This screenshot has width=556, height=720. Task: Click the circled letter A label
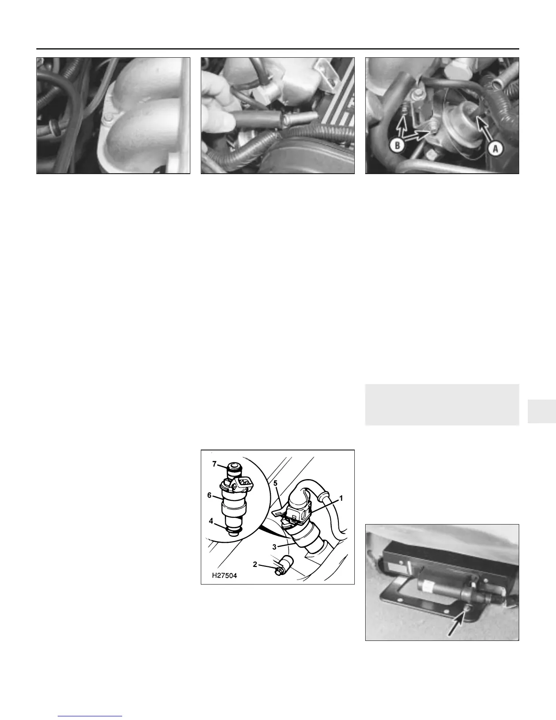click(496, 149)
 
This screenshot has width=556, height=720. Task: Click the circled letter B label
click(397, 145)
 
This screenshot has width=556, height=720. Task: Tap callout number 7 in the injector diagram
click(214, 464)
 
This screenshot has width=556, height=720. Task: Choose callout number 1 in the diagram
click(342, 498)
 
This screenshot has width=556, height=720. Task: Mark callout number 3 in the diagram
click(274, 547)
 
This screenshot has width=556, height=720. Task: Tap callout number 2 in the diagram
click(255, 564)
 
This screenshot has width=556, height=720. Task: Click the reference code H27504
click(224, 575)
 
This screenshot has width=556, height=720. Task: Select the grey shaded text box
click(442, 404)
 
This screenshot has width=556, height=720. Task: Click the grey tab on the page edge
click(542, 411)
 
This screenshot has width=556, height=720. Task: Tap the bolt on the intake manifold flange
click(107, 118)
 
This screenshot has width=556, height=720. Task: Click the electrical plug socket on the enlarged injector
click(244, 485)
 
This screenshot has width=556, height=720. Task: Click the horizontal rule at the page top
click(278, 49)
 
